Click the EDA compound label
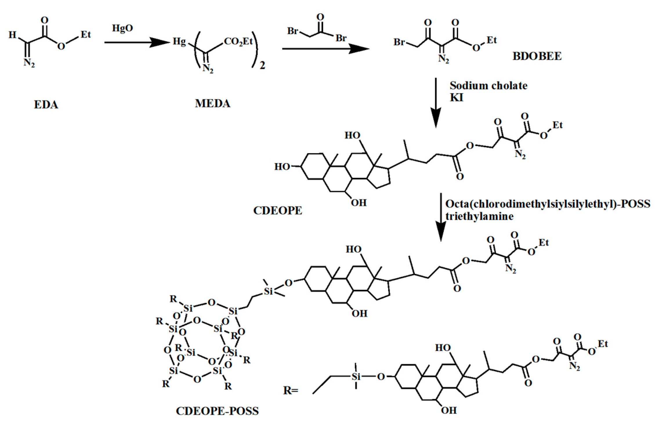coord(46,105)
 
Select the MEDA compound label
coord(212,104)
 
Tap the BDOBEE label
coord(537,56)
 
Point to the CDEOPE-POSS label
coord(217,411)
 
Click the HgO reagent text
coord(122,28)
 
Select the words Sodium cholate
coord(488,86)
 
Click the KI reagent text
coord(457,98)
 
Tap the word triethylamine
coord(479,216)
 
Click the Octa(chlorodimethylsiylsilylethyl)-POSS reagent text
coord(548,204)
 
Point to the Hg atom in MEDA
coord(179,42)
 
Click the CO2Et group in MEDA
coord(238,42)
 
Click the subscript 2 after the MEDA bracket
coord(262,66)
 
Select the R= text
coord(291,391)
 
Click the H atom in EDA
coord(12,35)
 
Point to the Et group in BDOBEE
coord(492,40)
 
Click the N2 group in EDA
coord(29,63)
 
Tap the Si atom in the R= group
coord(356,377)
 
